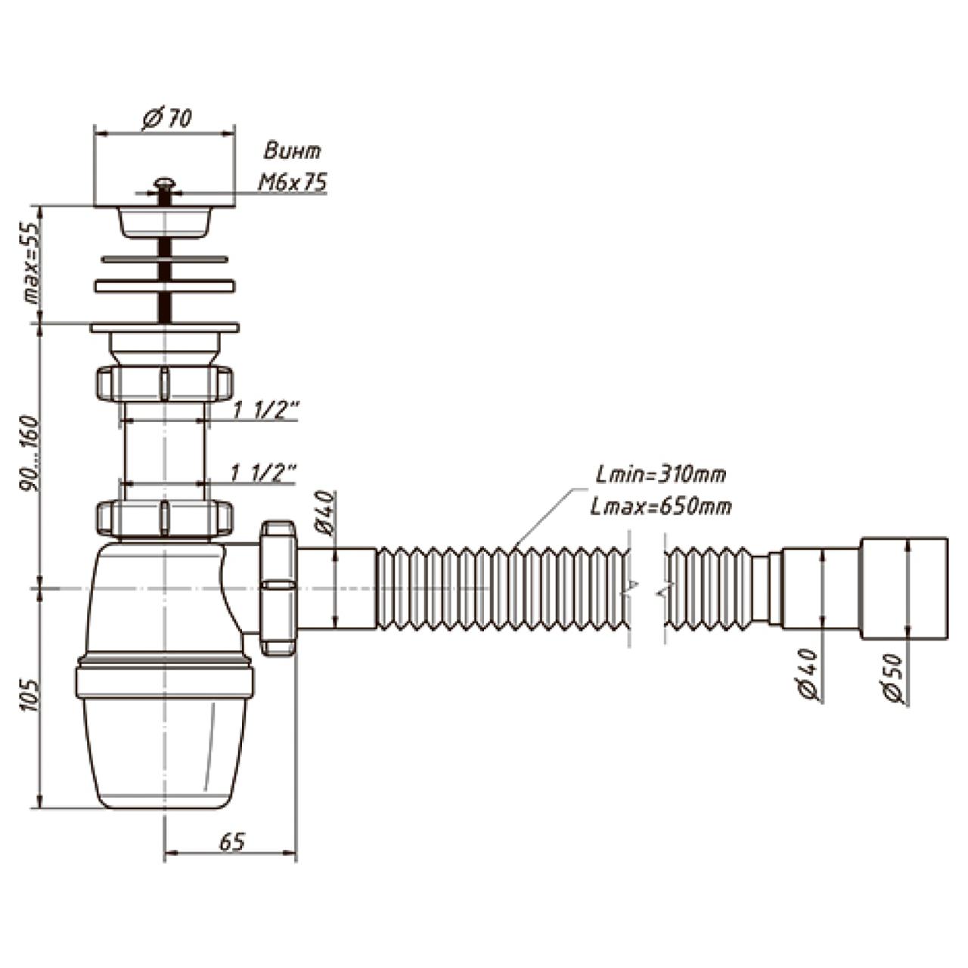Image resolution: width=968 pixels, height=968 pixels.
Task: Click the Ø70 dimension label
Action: coord(167,119)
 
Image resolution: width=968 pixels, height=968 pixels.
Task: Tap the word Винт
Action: coord(293,151)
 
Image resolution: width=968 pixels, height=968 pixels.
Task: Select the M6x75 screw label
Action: coord(293,181)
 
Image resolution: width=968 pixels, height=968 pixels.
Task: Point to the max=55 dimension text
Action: coord(31,263)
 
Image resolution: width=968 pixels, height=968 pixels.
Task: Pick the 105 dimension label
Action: coord(29,696)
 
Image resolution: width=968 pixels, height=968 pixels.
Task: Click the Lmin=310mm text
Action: coord(661,475)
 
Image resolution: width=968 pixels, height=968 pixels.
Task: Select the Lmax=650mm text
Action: coord(661,507)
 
